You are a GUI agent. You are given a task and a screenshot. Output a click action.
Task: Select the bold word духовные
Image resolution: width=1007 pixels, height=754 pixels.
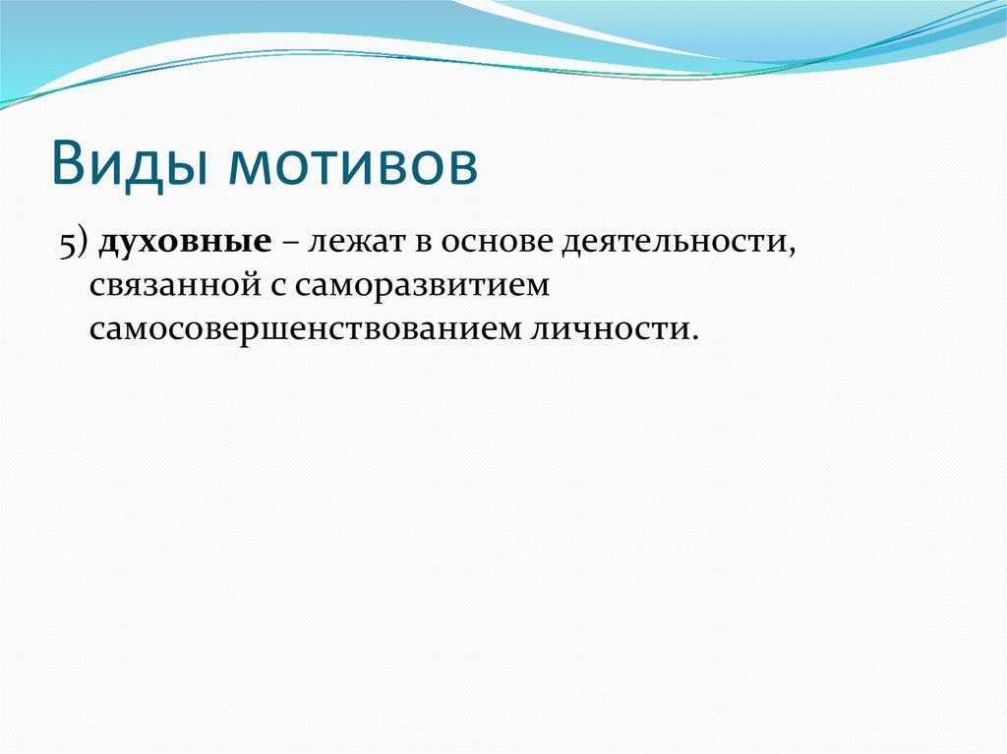click(x=185, y=244)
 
